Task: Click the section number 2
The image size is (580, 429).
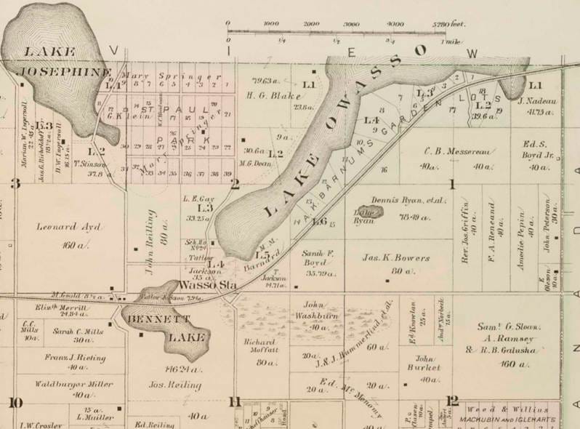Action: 235,183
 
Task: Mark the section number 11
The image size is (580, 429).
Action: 234,401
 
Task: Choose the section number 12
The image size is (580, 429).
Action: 453,400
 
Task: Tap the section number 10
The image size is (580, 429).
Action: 15,402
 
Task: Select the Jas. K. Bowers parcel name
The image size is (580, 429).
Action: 392,256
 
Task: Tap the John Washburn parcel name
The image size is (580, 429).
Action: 317,311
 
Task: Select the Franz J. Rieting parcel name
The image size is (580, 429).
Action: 75,358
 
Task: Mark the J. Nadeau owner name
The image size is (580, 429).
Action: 536,101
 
